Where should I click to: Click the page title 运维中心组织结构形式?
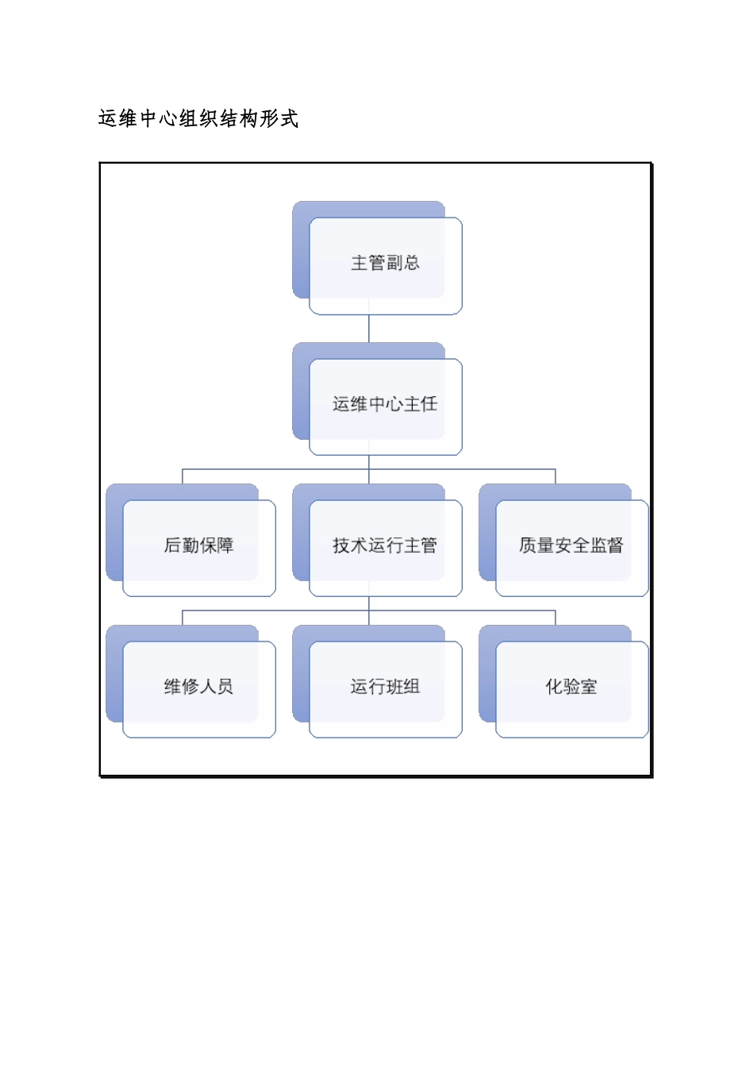[x=198, y=119]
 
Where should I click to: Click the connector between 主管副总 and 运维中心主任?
[x=369, y=329]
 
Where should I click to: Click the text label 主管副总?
[x=385, y=263]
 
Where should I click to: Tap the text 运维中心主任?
[x=385, y=404]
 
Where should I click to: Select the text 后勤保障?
[x=198, y=545]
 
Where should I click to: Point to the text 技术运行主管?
[x=385, y=545]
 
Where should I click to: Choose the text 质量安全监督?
[x=571, y=545]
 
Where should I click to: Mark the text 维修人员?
[x=198, y=687]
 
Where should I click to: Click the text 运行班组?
[x=385, y=687]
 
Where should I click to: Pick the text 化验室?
[x=571, y=687]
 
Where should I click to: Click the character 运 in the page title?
[x=108, y=119]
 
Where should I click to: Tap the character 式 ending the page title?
[x=289, y=119]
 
